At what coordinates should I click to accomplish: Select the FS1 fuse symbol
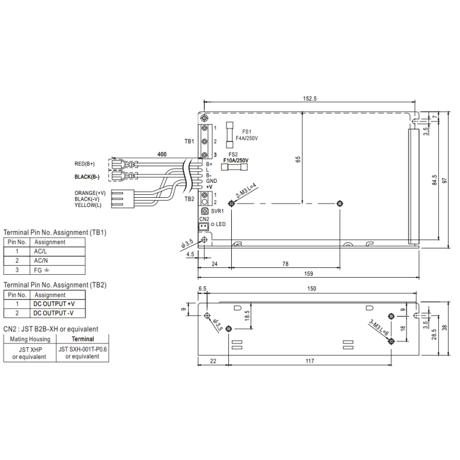tap(231, 135)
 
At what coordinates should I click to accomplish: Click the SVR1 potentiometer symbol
tap(205, 212)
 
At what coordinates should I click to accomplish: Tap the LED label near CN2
tap(221, 224)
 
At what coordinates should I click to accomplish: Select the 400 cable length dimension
tap(162, 155)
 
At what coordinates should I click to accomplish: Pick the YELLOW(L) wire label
tap(87, 205)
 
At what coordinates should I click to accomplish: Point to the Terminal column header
tap(83, 340)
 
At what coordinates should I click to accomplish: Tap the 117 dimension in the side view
tap(309, 361)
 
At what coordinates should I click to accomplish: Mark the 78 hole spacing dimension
tap(285, 263)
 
